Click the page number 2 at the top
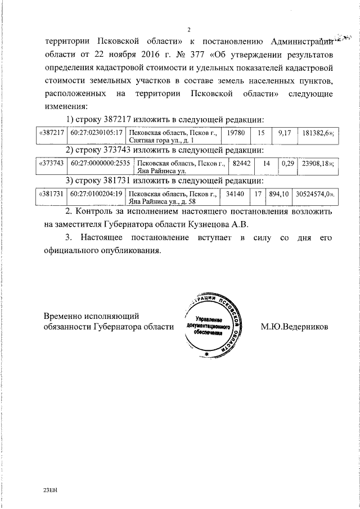click(189, 29)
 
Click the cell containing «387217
click(51, 132)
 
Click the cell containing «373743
click(51, 163)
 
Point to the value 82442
click(242, 163)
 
